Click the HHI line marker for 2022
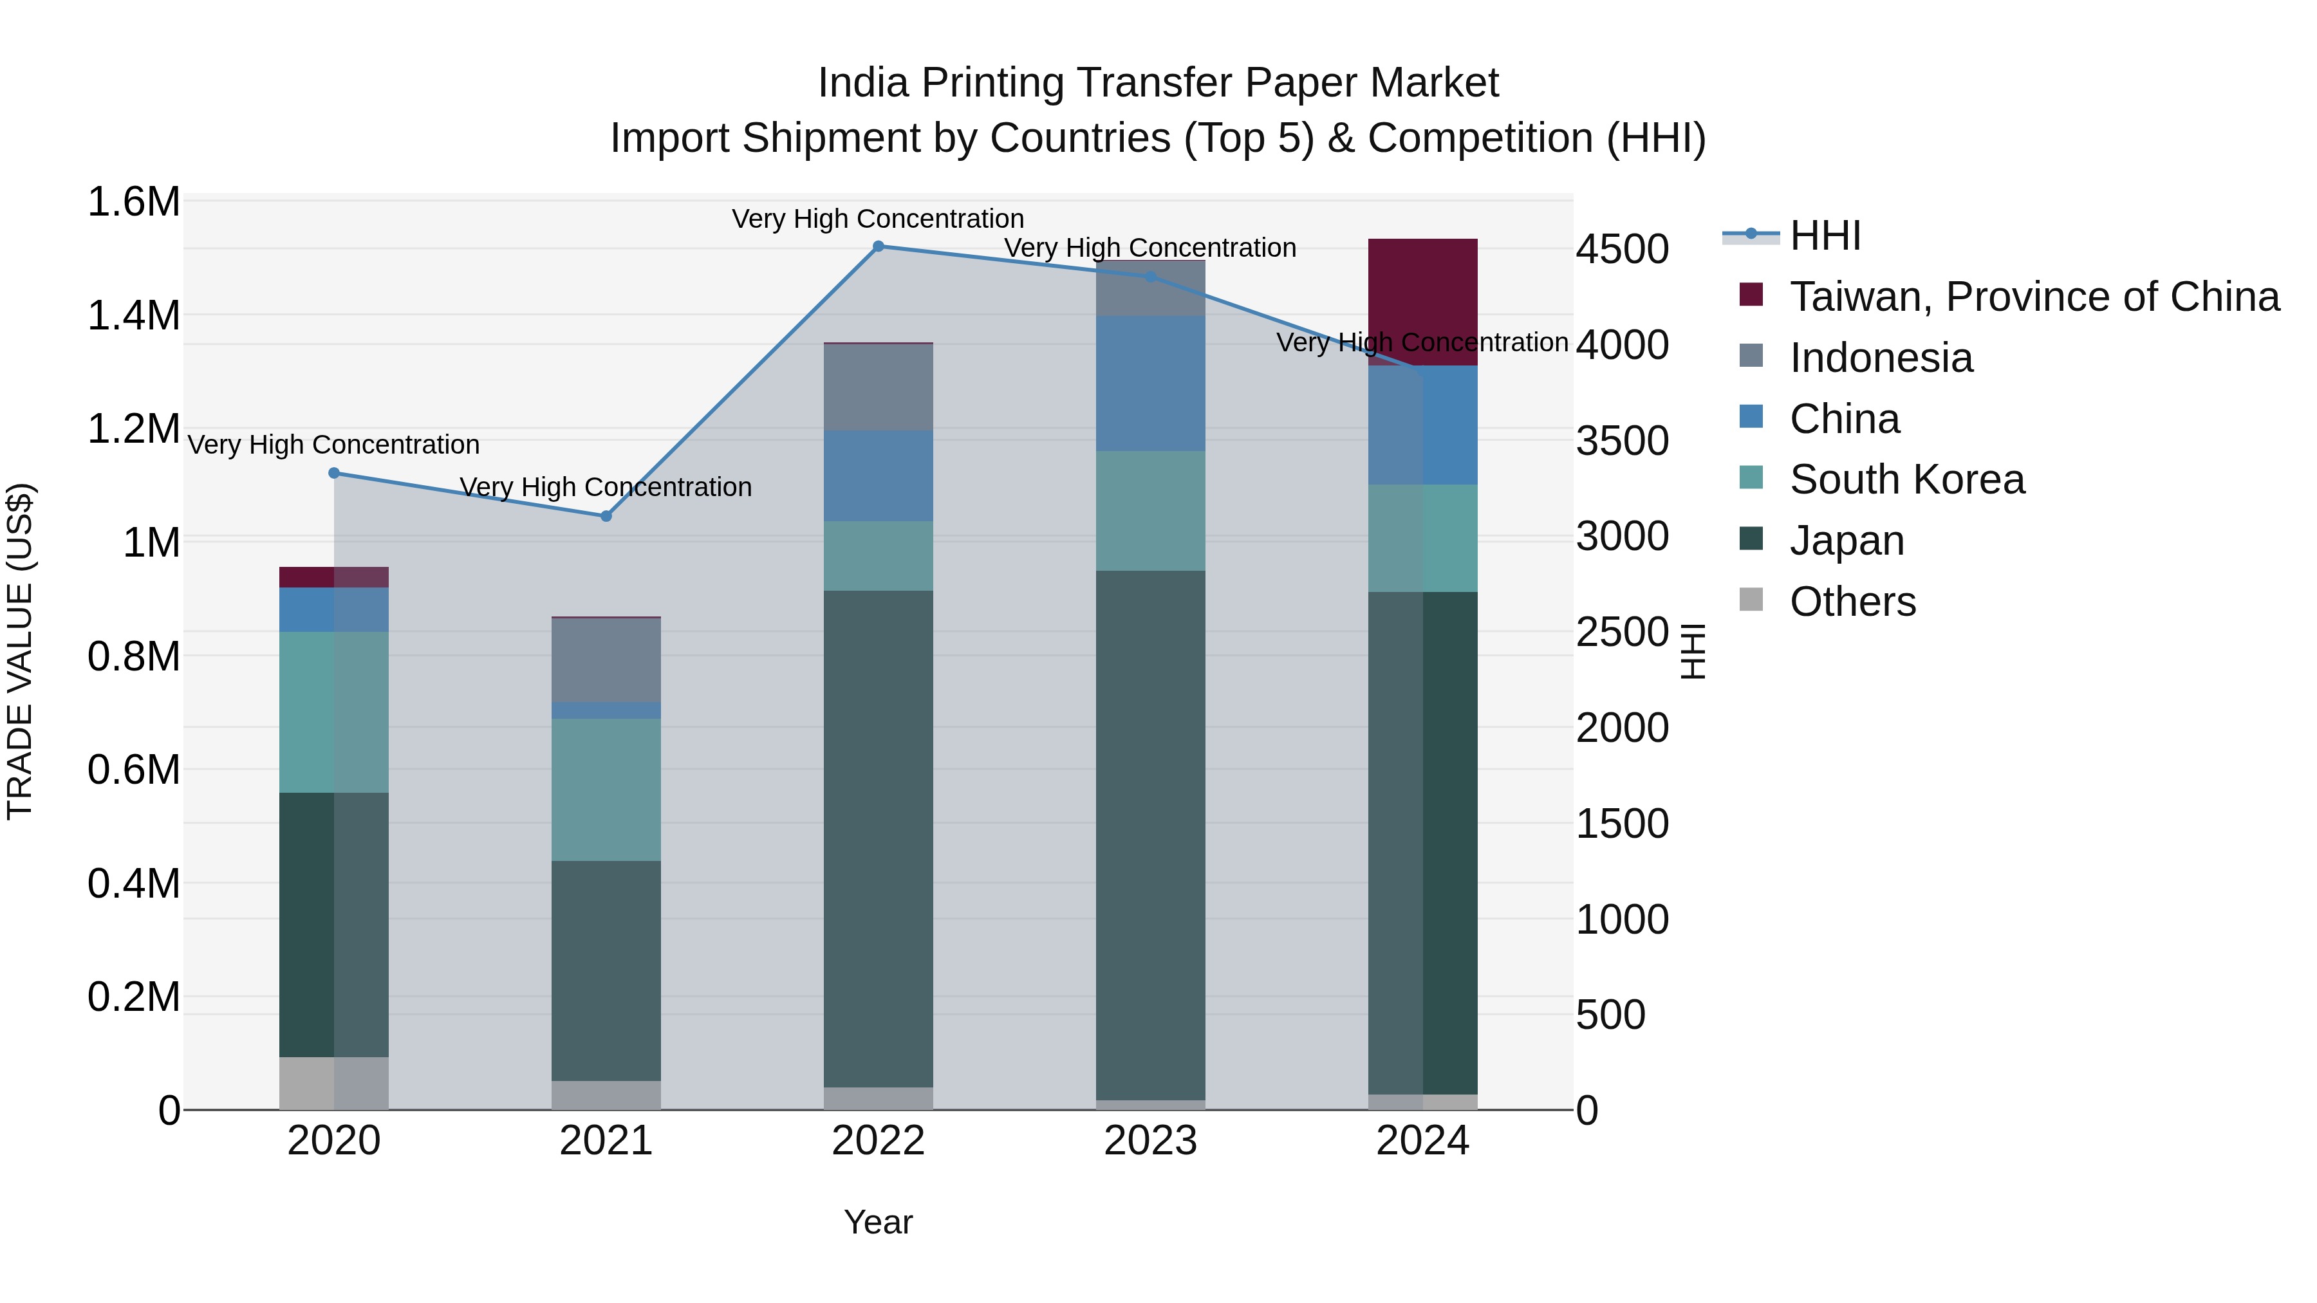878,246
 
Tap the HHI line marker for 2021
606,516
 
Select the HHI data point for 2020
333,473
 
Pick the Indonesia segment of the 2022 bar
878,387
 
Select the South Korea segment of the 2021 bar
606,790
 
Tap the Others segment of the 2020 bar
333,1083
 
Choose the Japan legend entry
1846,541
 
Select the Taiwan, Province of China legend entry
2033,297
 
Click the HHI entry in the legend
1824,236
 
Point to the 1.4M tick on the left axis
134,316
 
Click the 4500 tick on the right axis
1622,249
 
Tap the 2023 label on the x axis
1149,1141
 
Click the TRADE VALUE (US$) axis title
20,651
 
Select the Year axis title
878,1222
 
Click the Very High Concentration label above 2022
877,219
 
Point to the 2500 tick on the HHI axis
1622,632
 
